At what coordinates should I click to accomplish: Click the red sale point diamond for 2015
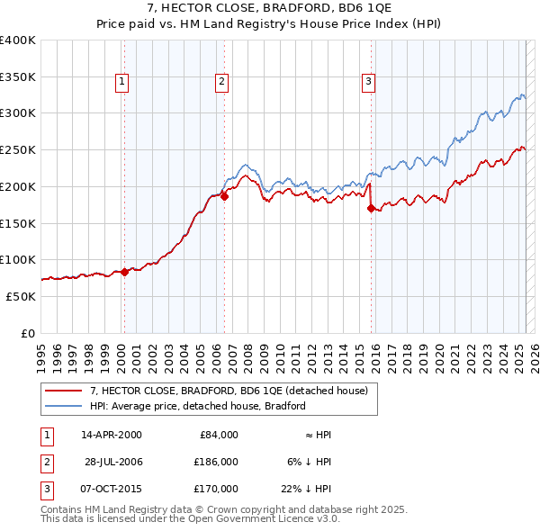click(x=371, y=208)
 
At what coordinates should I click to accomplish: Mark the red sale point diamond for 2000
click(x=124, y=272)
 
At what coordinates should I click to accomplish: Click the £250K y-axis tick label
click(x=18, y=150)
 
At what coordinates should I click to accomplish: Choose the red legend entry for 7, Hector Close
click(x=229, y=391)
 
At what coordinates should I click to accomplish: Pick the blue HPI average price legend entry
click(x=197, y=406)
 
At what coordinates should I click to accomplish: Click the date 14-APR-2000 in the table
click(x=111, y=435)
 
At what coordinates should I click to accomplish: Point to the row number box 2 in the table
click(x=45, y=462)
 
